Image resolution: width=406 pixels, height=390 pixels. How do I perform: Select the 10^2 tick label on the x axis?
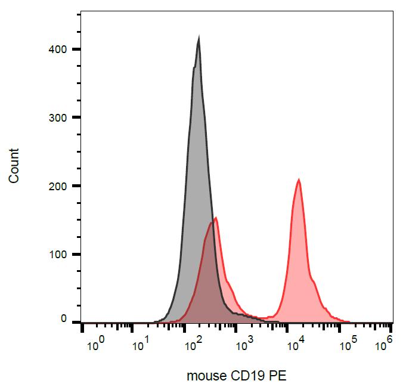tap(194, 343)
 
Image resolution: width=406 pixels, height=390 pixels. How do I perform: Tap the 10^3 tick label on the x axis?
tap(244, 343)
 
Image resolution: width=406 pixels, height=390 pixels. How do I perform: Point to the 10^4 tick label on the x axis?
tap(295, 343)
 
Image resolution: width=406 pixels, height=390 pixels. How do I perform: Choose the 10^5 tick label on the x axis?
tap(345, 343)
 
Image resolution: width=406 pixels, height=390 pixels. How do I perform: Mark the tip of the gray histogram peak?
tap(199, 37)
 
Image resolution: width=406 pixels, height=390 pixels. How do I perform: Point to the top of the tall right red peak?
tap(299, 179)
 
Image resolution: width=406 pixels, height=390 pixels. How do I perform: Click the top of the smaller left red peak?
tap(215, 218)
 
